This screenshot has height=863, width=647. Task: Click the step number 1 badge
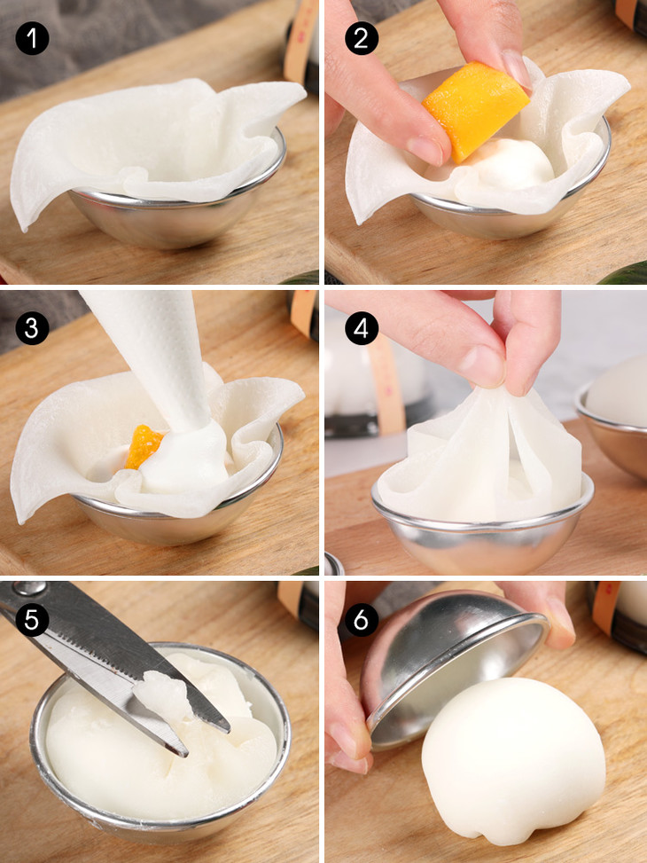click(x=32, y=38)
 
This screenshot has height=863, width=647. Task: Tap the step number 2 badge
click(x=362, y=38)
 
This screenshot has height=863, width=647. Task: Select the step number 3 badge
click(x=32, y=328)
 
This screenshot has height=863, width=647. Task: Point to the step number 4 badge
click(x=362, y=328)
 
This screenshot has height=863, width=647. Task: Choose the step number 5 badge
click(x=32, y=620)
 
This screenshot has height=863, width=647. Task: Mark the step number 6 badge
click(x=362, y=620)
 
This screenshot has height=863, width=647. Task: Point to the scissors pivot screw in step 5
click(x=30, y=588)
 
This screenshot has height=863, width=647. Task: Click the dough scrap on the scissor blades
click(x=162, y=694)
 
